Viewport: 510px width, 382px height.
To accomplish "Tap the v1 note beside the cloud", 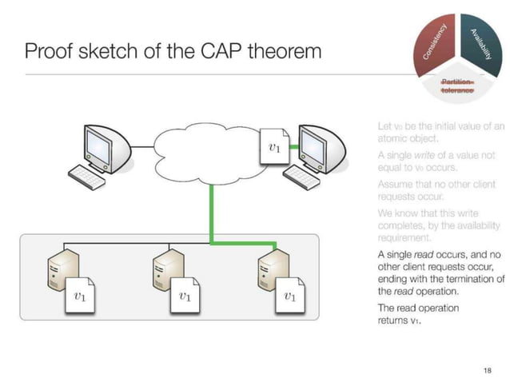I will click(x=274, y=148).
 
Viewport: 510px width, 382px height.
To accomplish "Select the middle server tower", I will click(x=163, y=275).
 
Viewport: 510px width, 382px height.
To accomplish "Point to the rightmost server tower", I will click(x=267, y=275).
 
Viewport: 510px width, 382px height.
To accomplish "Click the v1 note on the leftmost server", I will click(x=80, y=296).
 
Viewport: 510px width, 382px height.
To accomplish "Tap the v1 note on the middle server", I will click(x=185, y=296).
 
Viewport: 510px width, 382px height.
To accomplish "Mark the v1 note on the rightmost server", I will click(x=290, y=296).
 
